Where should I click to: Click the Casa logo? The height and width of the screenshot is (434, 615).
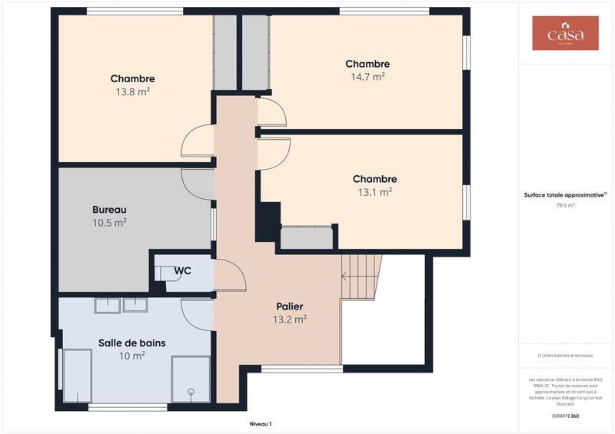click(x=565, y=33)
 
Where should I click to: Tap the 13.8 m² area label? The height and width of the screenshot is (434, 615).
click(x=132, y=91)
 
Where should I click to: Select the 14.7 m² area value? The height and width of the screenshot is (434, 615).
click(x=367, y=77)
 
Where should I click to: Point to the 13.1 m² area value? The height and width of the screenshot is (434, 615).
click(x=374, y=192)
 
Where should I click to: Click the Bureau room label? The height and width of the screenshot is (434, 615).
click(x=109, y=209)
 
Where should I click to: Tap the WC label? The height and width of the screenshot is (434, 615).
click(x=182, y=270)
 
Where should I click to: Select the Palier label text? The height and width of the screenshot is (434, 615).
click(x=290, y=306)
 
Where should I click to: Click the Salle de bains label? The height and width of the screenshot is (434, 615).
click(x=131, y=343)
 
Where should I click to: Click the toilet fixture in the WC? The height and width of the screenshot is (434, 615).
click(x=166, y=274)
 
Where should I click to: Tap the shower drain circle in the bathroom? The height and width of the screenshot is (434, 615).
click(x=189, y=391)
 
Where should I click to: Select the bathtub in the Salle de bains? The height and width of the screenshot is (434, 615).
click(x=78, y=375)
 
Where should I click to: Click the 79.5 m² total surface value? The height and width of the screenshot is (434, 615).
click(x=565, y=205)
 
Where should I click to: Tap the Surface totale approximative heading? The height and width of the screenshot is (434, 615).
click(x=565, y=195)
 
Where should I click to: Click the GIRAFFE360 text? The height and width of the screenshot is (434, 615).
click(x=565, y=416)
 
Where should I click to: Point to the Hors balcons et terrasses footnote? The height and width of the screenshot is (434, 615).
click(x=565, y=356)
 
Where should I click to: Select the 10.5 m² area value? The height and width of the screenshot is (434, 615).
click(x=109, y=222)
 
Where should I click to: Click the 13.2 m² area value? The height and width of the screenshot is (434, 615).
click(x=290, y=320)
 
